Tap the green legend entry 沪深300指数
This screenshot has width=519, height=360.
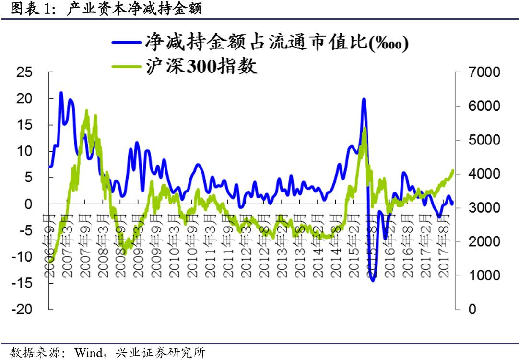202,65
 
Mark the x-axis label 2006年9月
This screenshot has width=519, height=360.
51,247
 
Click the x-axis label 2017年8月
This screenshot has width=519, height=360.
445,247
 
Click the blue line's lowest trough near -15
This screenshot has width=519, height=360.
373,280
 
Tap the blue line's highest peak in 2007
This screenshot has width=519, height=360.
61,92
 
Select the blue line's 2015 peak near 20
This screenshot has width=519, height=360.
364,99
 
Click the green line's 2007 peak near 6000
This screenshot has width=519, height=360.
87,111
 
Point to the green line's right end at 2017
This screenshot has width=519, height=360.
452,170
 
